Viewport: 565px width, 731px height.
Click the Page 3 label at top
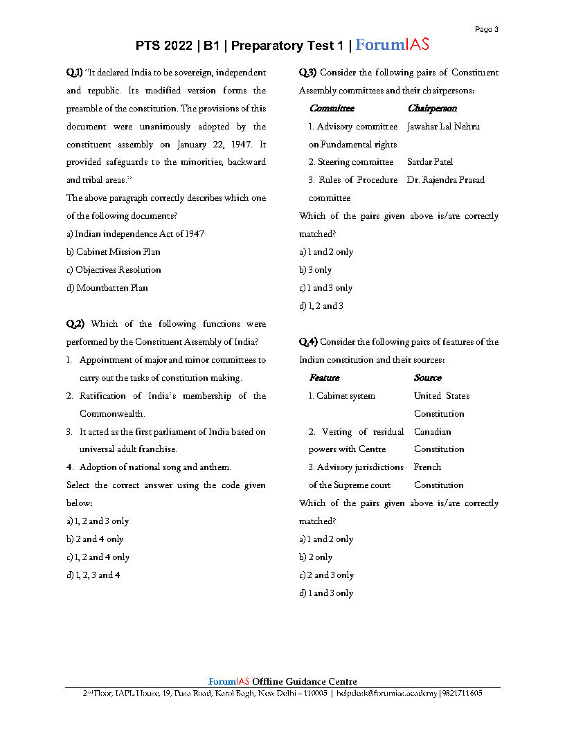pyautogui.click(x=486, y=29)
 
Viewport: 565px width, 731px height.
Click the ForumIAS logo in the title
pyautogui.click(x=392, y=46)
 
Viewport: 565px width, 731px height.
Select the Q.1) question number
pyautogui.click(x=75, y=73)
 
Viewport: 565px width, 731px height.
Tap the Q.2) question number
pyautogui.click(x=75, y=324)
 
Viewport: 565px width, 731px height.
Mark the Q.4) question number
pyautogui.click(x=308, y=342)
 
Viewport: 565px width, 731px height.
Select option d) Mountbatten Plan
pyautogui.click(x=107, y=288)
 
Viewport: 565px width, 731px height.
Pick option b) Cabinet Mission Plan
pyautogui.click(x=114, y=252)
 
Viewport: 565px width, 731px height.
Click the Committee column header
pyautogui.click(x=332, y=109)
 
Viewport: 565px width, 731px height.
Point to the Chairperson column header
pyautogui.click(x=432, y=109)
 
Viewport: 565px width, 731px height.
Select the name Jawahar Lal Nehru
pyautogui.click(x=443, y=127)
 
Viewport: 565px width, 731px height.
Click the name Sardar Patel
pyautogui.click(x=430, y=162)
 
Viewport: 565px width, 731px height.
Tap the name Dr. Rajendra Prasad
pyautogui.click(x=446, y=180)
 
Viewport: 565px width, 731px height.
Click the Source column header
pyautogui.click(x=427, y=378)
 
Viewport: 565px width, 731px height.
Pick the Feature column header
pyautogui.click(x=324, y=378)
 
